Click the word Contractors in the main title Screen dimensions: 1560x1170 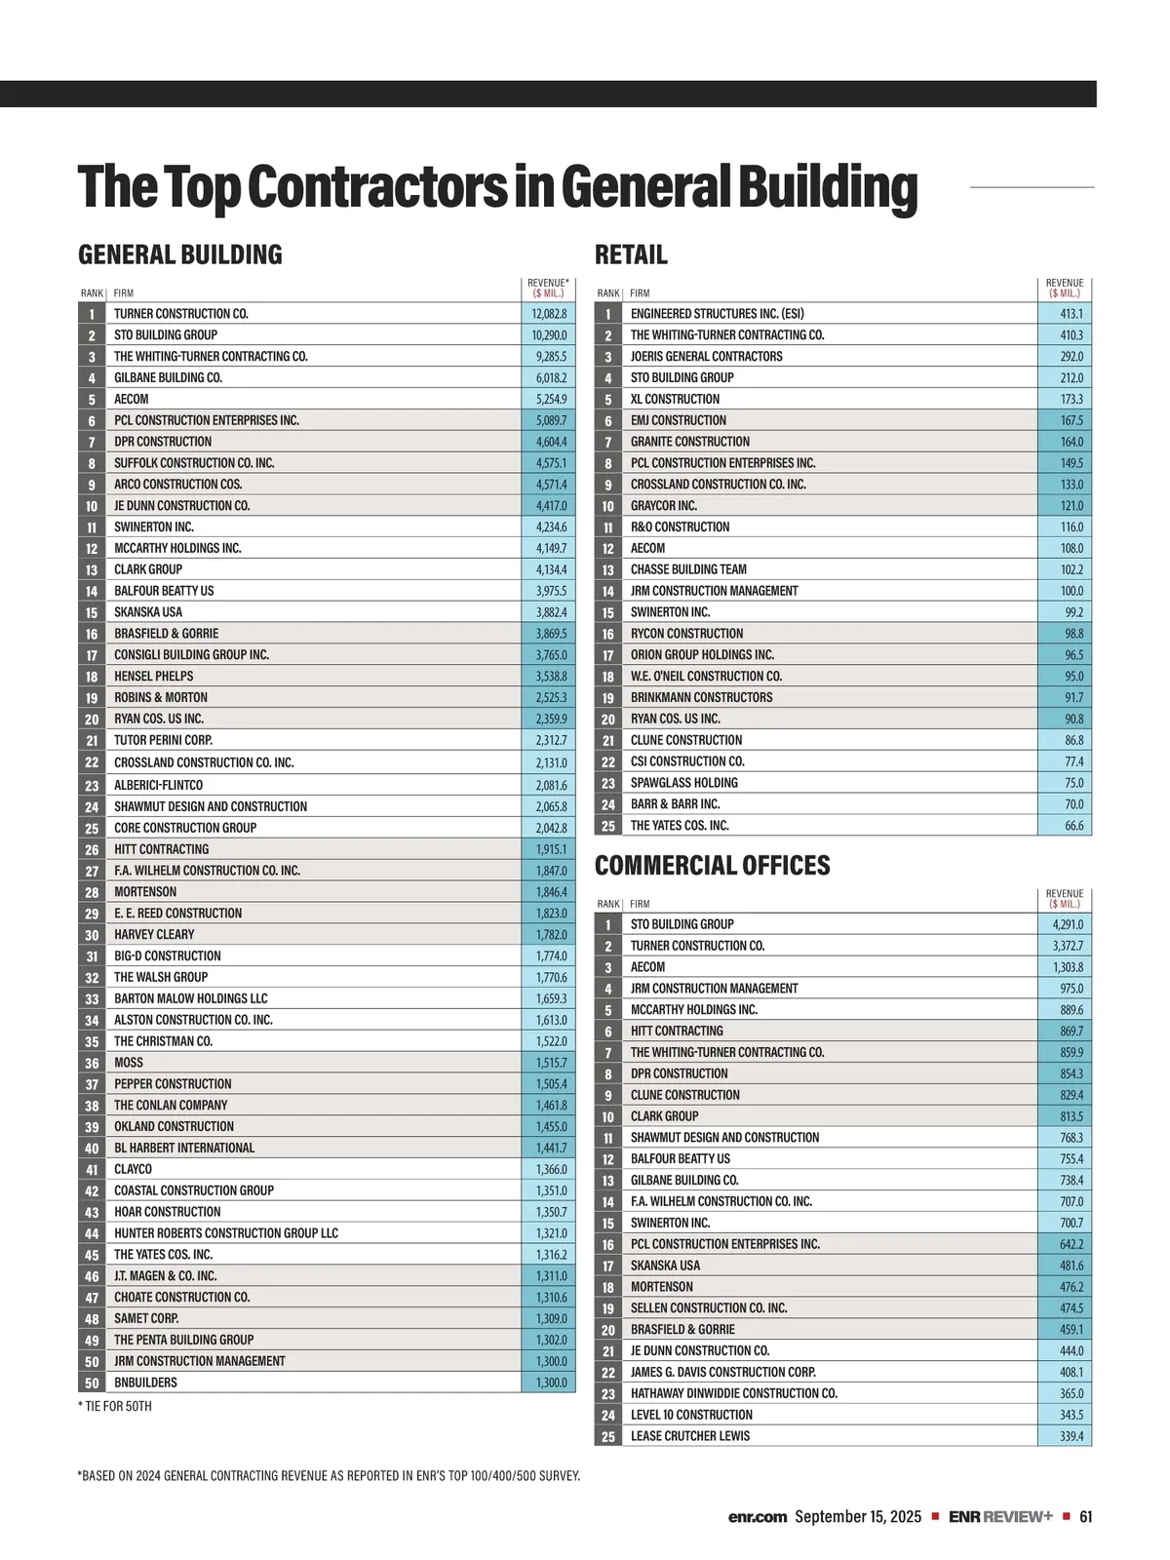(376, 187)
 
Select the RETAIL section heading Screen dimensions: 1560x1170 (631, 255)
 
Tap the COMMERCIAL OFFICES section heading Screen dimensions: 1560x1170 (712, 866)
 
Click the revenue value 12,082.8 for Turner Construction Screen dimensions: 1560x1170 (549, 314)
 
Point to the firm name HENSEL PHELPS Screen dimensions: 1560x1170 (153, 677)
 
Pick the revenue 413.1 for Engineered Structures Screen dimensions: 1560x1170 (1071, 314)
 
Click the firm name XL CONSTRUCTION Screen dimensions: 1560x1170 (675, 400)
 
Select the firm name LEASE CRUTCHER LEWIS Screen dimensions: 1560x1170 (689, 1436)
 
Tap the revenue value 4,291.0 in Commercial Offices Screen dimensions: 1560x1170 (1067, 924)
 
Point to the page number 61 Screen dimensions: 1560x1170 (1086, 1517)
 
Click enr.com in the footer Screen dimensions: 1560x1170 (757, 1517)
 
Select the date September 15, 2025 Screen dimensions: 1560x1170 (857, 1517)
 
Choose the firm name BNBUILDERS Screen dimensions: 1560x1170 (145, 1383)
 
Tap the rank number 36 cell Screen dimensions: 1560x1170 (92, 1063)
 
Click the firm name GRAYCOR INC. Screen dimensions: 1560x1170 (663, 506)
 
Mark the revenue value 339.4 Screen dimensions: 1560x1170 (1071, 1436)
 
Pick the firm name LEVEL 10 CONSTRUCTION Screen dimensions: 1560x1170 (691, 1415)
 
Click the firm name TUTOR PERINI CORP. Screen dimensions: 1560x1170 (163, 741)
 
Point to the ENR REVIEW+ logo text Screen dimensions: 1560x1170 (1000, 1517)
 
